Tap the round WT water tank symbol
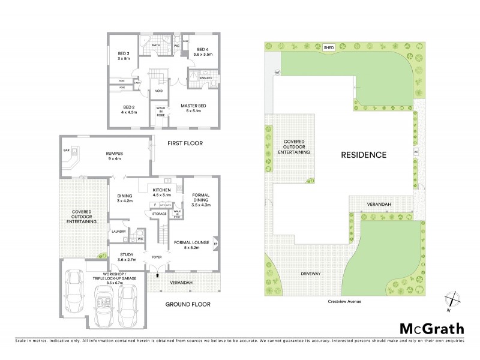[277, 73]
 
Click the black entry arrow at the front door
[157, 276]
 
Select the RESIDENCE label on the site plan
[364, 154]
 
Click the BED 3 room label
[124, 56]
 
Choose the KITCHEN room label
[158, 191]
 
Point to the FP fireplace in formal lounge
[215, 244]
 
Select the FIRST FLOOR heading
[185, 143]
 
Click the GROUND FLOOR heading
[188, 304]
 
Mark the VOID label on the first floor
[158, 91]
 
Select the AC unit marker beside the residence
[415, 151]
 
